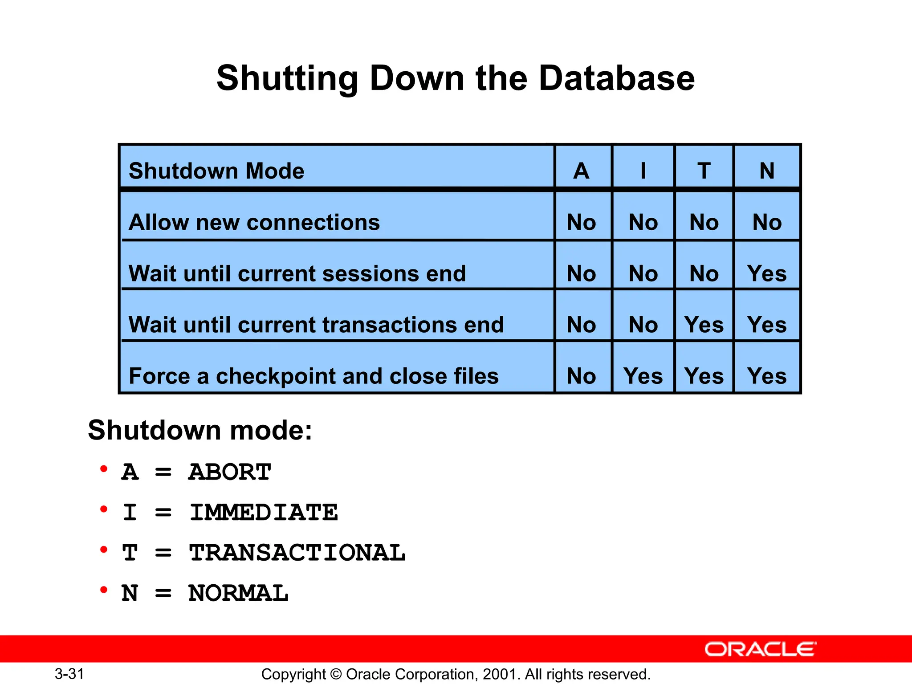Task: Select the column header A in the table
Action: click(x=581, y=171)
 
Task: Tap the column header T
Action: click(x=704, y=171)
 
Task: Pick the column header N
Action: click(x=767, y=171)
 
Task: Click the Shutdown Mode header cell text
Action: click(x=216, y=171)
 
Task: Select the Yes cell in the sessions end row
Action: click(x=767, y=273)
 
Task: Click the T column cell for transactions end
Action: click(x=704, y=325)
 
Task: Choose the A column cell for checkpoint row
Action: click(x=581, y=376)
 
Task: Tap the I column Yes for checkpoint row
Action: click(x=643, y=376)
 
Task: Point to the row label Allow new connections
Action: click(x=254, y=222)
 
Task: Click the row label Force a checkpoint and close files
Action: click(x=313, y=376)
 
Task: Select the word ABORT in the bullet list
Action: click(x=229, y=472)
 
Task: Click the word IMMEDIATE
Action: click(x=264, y=513)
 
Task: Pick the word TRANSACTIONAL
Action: click(x=297, y=553)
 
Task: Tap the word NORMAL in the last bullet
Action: click(x=238, y=594)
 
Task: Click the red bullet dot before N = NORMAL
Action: click(x=104, y=590)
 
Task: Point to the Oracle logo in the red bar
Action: click(x=761, y=649)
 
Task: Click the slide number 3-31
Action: click(x=69, y=674)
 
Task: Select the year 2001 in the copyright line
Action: click(x=501, y=674)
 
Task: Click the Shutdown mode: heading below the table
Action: click(x=200, y=430)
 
